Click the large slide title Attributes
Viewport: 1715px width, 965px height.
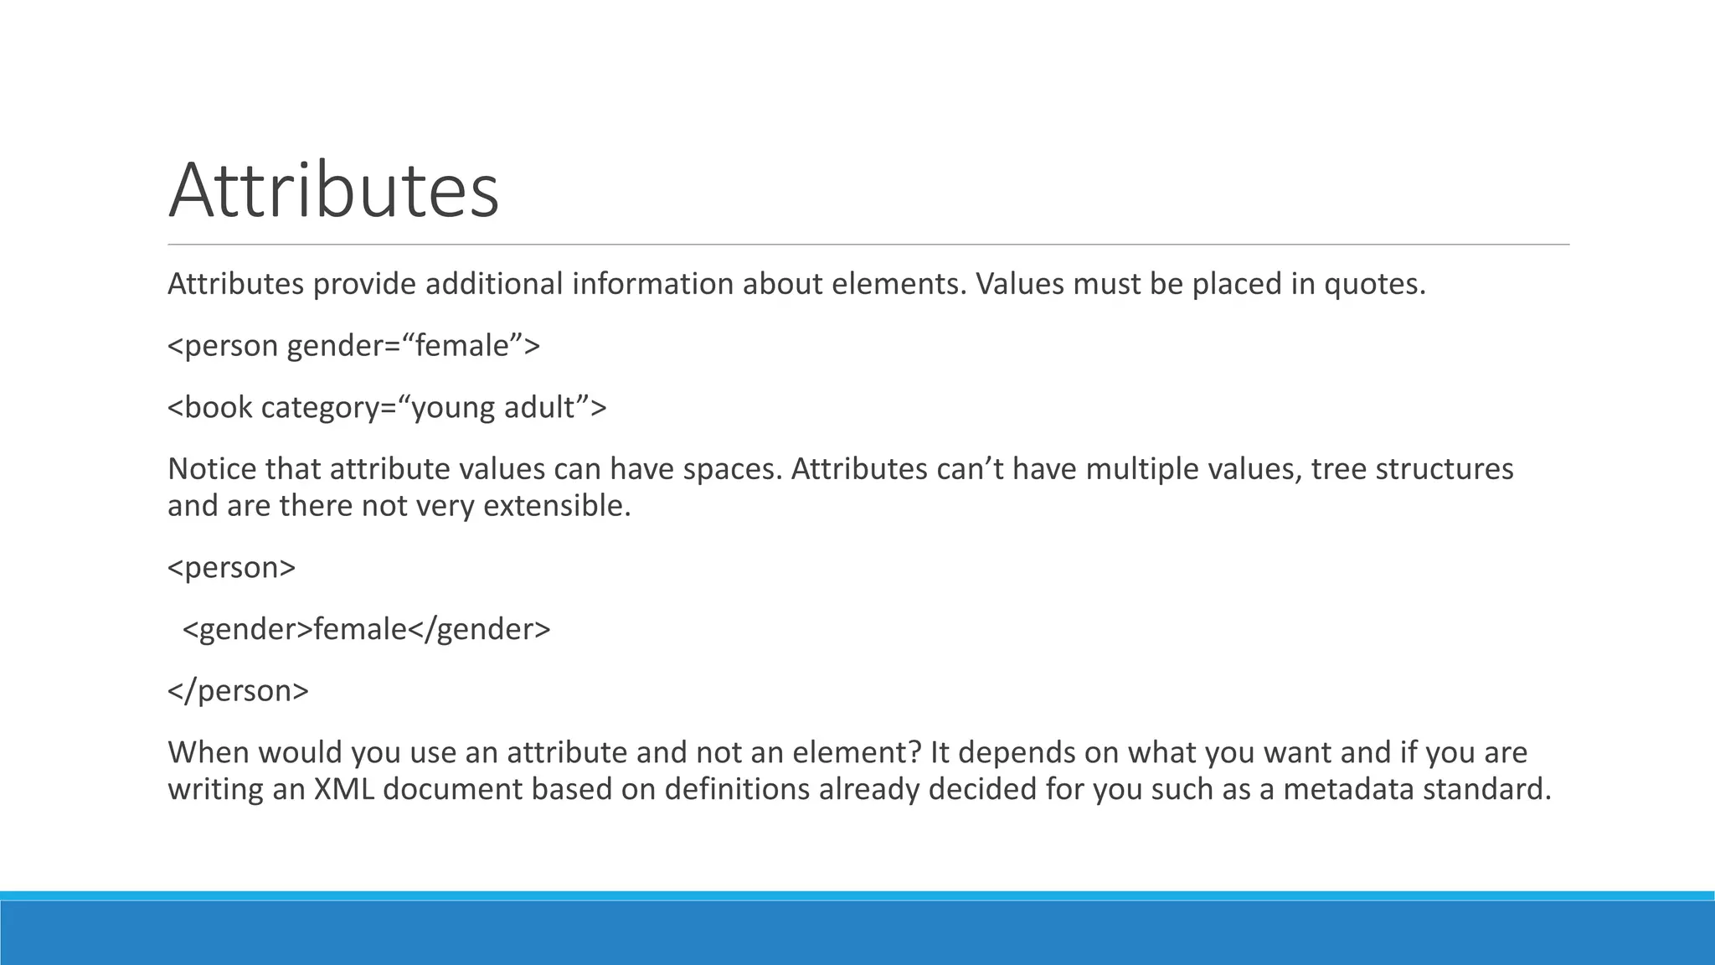pyautogui.click(x=333, y=190)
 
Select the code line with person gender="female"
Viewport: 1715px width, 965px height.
pyautogui.click(x=353, y=346)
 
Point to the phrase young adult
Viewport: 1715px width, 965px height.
pyautogui.click(x=494, y=408)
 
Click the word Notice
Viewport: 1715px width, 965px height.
pyautogui.click(x=212, y=468)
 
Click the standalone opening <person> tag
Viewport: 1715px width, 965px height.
pyautogui.click(x=232, y=568)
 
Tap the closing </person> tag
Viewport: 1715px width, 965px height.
pyautogui.click(x=239, y=691)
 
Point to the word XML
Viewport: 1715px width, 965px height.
pyautogui.click(x=343, y=789)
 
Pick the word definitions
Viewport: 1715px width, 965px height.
pyautogui.click(x=737, y=789)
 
